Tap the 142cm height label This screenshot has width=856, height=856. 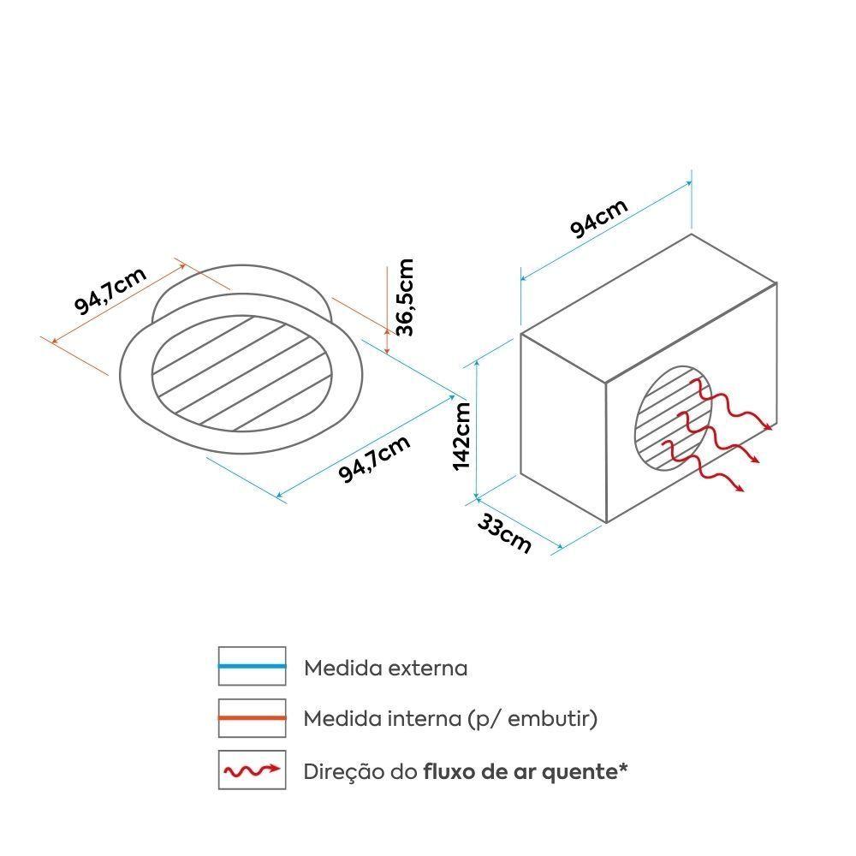[x=461, y=436]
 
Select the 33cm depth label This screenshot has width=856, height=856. [x=504, y=534]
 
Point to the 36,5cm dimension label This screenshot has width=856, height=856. [x=405, y=297]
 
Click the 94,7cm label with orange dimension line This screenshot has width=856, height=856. [x=110, y=290]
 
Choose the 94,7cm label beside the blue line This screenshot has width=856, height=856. [x=374, y=459]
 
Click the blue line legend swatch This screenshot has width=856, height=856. [x=253, y=666]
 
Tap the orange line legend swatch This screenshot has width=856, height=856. [x=253, y=718]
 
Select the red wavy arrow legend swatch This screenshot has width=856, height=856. [x=253, y=770]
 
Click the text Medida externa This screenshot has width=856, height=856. [x=385, y=668]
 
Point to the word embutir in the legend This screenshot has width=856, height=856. [x=549, y=719]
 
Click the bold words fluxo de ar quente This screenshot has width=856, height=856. [x=520, y=772]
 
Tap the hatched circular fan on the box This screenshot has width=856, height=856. [x=674, y=419]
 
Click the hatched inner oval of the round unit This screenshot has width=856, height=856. [x=242, y=373]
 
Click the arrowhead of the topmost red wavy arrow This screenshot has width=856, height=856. [x=770, y=427]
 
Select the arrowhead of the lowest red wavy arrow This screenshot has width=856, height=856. [x=740, y=489]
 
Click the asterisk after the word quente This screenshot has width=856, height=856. [x=623, y=768]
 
